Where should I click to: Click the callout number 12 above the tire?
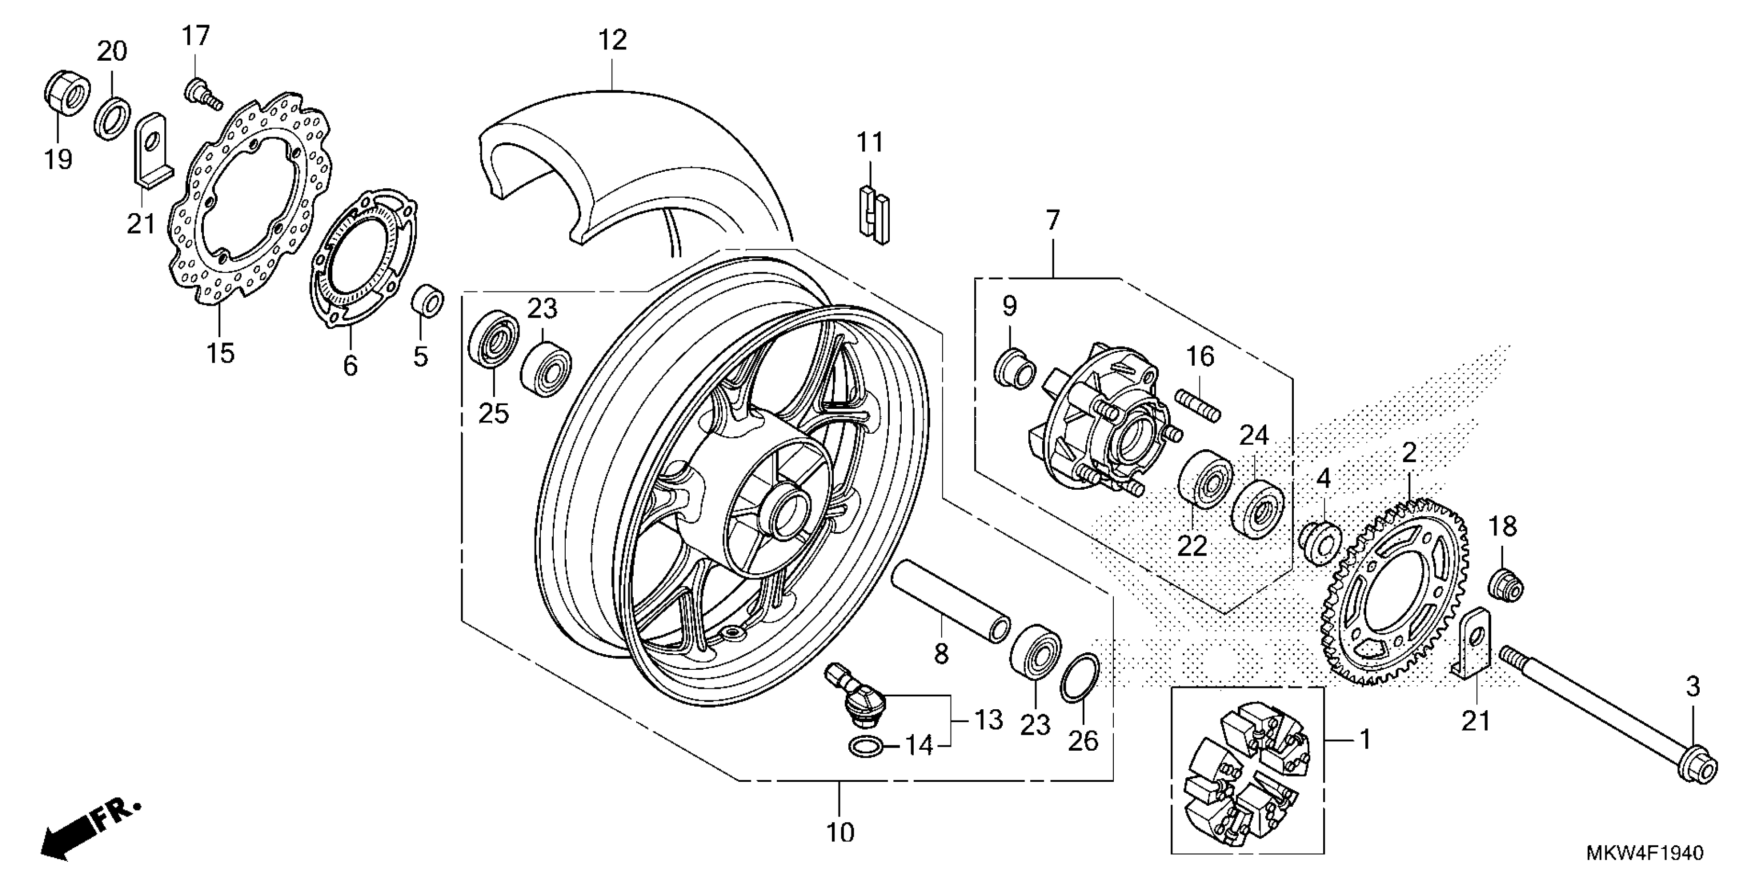(612, 40)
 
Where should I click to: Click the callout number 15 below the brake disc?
(220, 353)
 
